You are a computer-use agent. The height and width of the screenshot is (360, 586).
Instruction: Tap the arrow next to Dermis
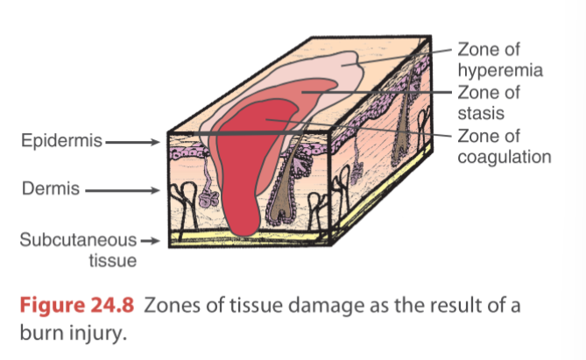click(x=121, y=188)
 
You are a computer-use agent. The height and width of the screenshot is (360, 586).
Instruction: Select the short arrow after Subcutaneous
click(x=152, y=240)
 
